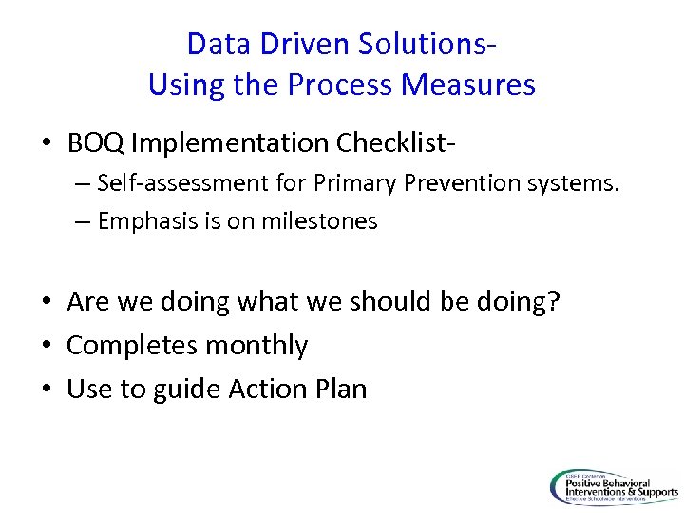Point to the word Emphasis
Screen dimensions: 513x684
coord(140,222)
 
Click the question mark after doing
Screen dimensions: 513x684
coord(554,302)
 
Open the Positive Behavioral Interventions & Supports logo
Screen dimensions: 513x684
coord(614,487)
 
